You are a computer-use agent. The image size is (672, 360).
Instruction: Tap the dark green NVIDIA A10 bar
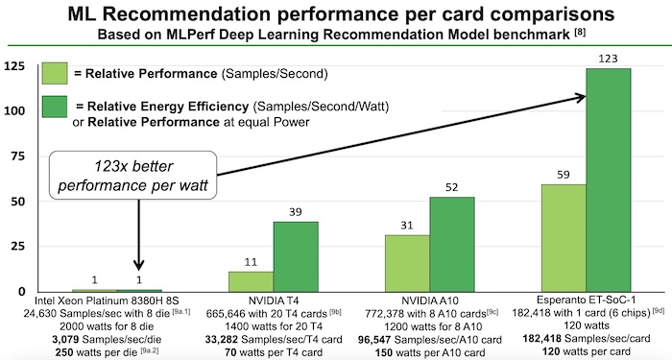click(x=452, y=244)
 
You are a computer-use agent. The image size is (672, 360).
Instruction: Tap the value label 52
click(x=452, y=186)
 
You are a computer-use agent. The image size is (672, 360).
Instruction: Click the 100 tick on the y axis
click(x=15, y=111)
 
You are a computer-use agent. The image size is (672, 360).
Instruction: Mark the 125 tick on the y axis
click(x=15, y=66)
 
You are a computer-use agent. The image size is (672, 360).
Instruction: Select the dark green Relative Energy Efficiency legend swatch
click(x=54, y=107)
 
